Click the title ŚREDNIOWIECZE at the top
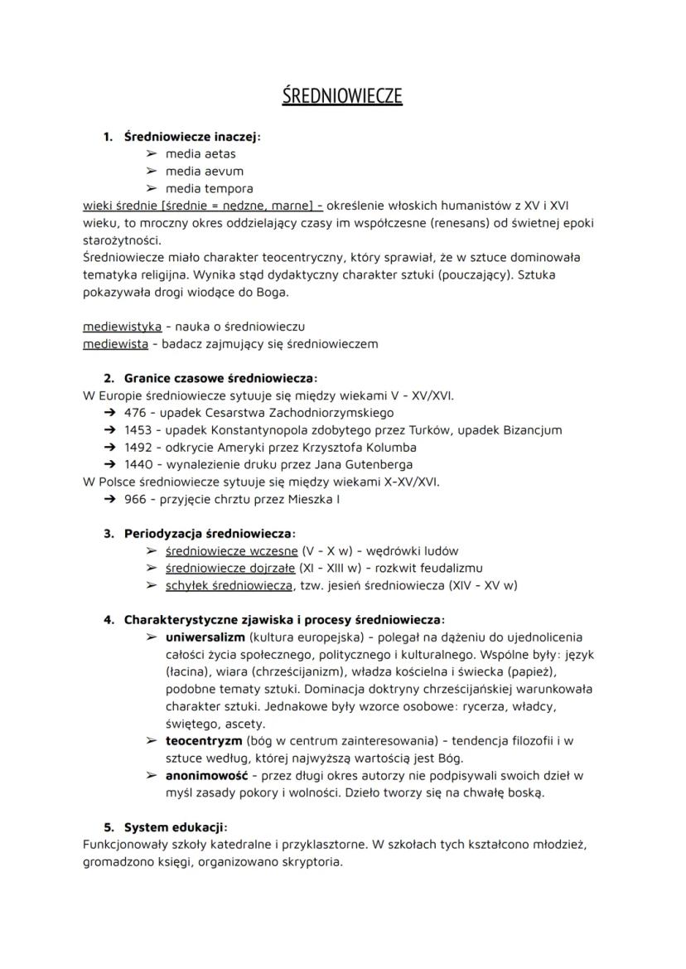[x=342, y=95]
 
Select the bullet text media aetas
[x=200, y=153]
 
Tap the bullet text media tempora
[x=209, y=188]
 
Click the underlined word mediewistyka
[x=123, y=327]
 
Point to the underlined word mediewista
[x=116, y=343]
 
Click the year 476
[x=135, y=412]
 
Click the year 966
[x=135, y=499]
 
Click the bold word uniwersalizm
[x=205, y=637]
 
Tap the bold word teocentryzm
[x=204, y=740]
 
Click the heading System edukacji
[x=175, y=826]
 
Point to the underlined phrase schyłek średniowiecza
[x=229, y=585]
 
